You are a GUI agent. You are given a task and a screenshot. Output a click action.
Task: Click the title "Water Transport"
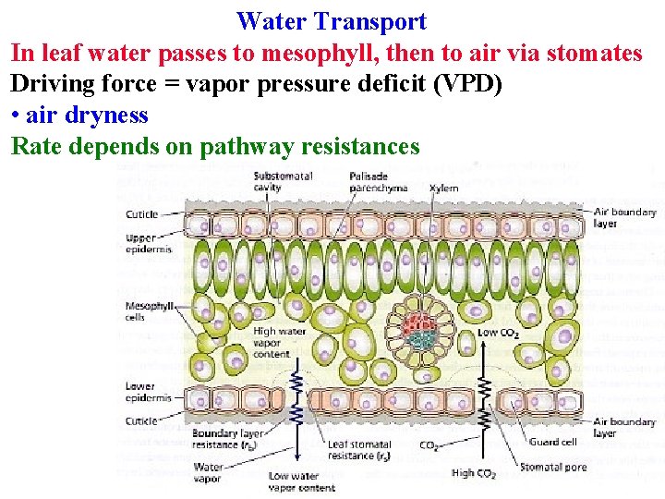332,20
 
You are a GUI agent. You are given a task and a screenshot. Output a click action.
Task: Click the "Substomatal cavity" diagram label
283,181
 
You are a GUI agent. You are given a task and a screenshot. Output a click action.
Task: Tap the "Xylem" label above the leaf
443,188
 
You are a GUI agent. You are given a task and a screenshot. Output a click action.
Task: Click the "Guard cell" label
552,442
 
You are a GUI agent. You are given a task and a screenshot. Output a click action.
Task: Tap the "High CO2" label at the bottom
475,473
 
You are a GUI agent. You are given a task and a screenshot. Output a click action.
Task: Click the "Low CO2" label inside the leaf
500,333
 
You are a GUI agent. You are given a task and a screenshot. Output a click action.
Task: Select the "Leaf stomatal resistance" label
358,450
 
